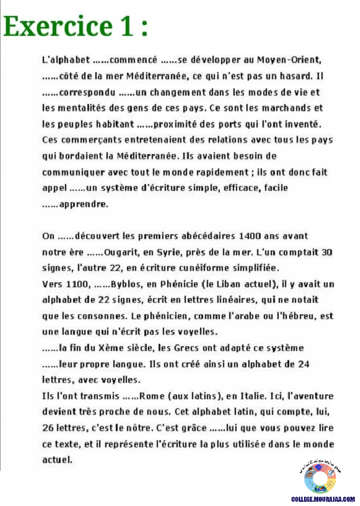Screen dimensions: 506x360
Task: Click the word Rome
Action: point(150,396)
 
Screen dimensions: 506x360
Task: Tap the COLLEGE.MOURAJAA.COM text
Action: point(323,500)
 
